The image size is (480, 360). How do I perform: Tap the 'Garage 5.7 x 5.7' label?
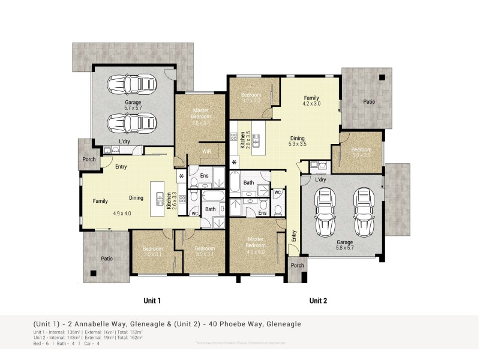pyautogui.click(x=133, y=106)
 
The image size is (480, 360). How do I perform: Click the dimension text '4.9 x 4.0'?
pyautogui.click(x=122, y=213)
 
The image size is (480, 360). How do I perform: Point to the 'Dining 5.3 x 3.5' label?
pyautogui.click(x=297, y=140)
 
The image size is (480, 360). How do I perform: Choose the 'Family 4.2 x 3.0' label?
pyautogui.click(x=311, y=101)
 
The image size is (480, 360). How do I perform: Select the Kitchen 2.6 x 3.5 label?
pyautogui.click(x=243, y=142)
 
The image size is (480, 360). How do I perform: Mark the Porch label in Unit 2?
pyautogui.click(x=297, y=265)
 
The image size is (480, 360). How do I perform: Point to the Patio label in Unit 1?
pyautogui.click(x=106, y=259)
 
